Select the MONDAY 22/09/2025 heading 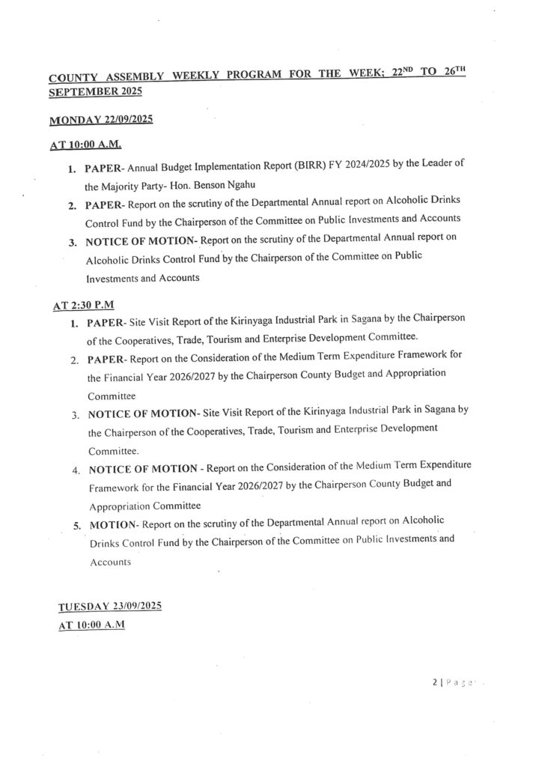click(100, 120)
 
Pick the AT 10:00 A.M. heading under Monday click(87, 145)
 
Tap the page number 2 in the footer click(433, 683)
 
